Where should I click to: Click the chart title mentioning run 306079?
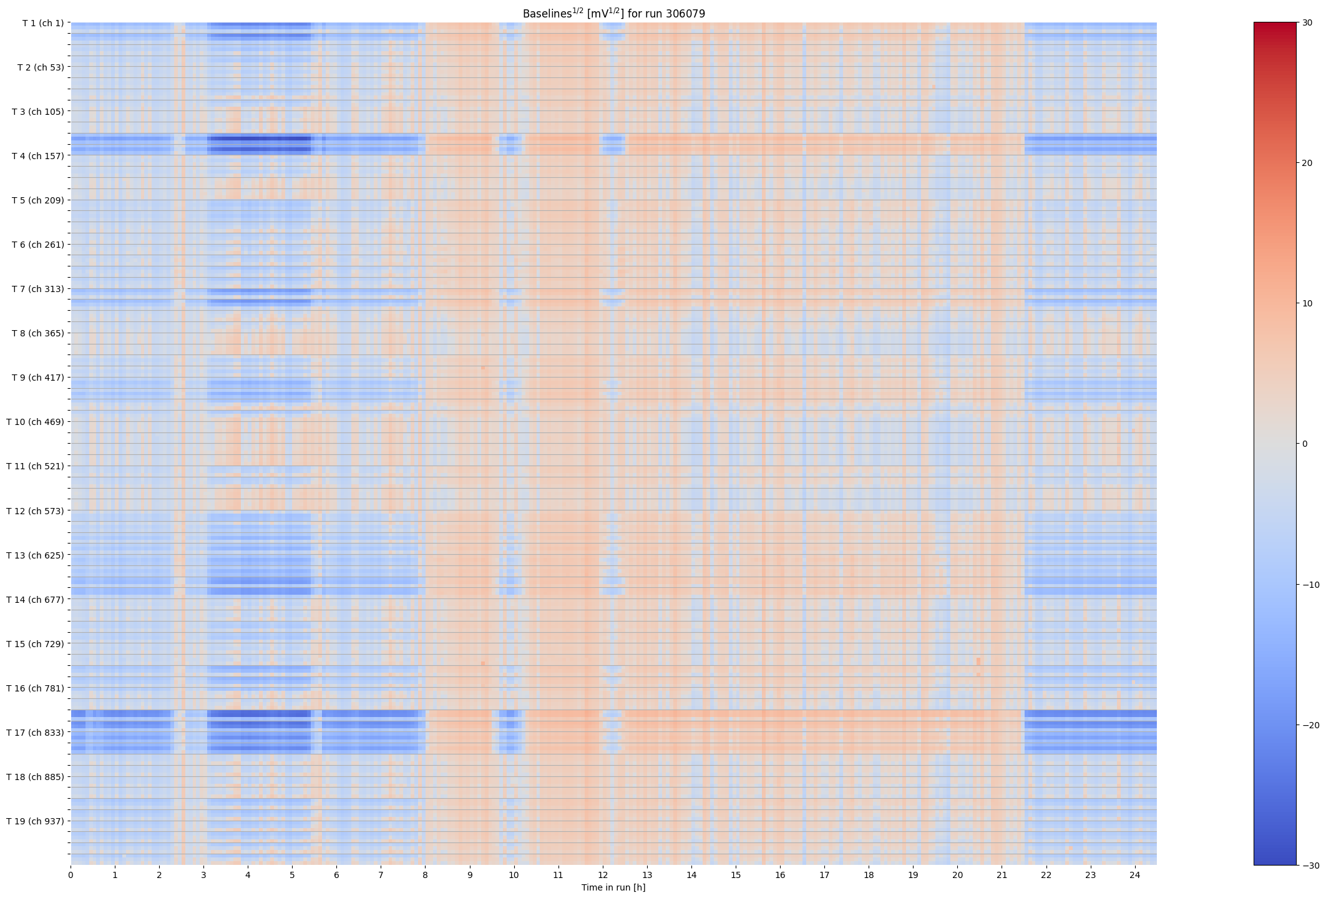tap(613, 13)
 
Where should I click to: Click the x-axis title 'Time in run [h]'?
tap(613, 887)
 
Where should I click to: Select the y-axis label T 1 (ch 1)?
tap(43, 23)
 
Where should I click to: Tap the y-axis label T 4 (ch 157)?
tap(37, 156)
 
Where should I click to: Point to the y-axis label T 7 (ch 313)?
tap(37, 289)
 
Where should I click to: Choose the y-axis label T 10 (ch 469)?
tap(35, 422)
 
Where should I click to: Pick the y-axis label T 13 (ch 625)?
tap(35, 555)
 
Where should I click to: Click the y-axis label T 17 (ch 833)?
tap(35, 733)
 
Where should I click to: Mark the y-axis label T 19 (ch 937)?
tap(35, 821)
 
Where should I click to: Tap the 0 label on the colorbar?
tap(1305, 444)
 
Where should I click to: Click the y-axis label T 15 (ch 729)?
tap(35, 644)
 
